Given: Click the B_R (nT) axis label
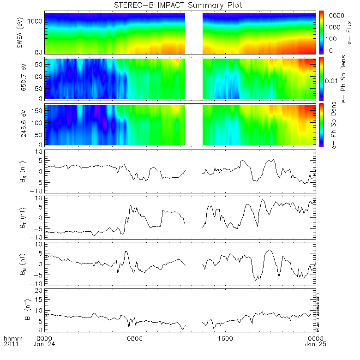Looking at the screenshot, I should [x=20, y=171].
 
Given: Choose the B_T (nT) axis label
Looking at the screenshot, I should [x=20, y=217].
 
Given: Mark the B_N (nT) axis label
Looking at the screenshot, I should [x=20, y=263].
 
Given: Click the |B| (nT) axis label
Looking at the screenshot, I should [x=20, y=309].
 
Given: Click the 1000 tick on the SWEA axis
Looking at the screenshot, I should [x=37, y=21].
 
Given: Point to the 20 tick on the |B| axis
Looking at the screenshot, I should [x=40, y=290].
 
